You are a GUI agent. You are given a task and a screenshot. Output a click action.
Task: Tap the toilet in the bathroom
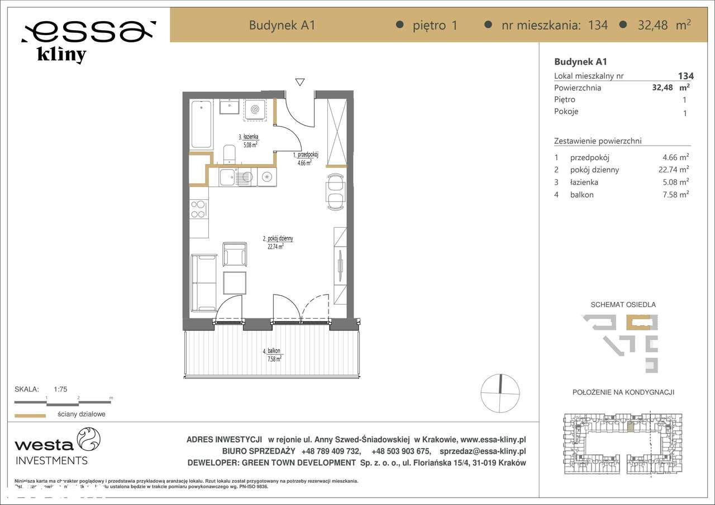229,154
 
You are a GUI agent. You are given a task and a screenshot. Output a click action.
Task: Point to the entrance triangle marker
301,82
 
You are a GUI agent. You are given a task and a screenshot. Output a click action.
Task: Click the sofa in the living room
203,282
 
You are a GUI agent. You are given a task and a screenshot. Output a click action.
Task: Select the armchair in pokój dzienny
235,254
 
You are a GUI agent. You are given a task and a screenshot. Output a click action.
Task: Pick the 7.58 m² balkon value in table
674,194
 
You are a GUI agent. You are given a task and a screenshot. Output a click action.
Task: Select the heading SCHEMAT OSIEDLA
623,305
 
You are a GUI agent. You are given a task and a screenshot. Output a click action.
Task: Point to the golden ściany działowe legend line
30,415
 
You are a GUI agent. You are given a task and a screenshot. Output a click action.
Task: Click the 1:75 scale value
60,390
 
